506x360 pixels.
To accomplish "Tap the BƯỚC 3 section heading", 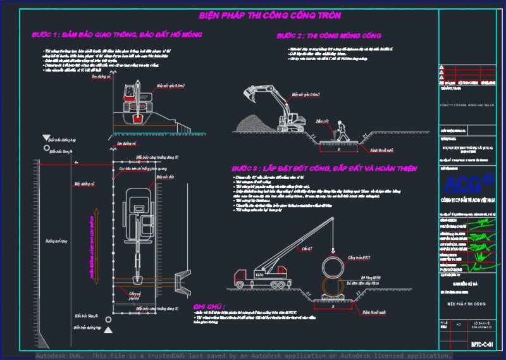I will [324, 169].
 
